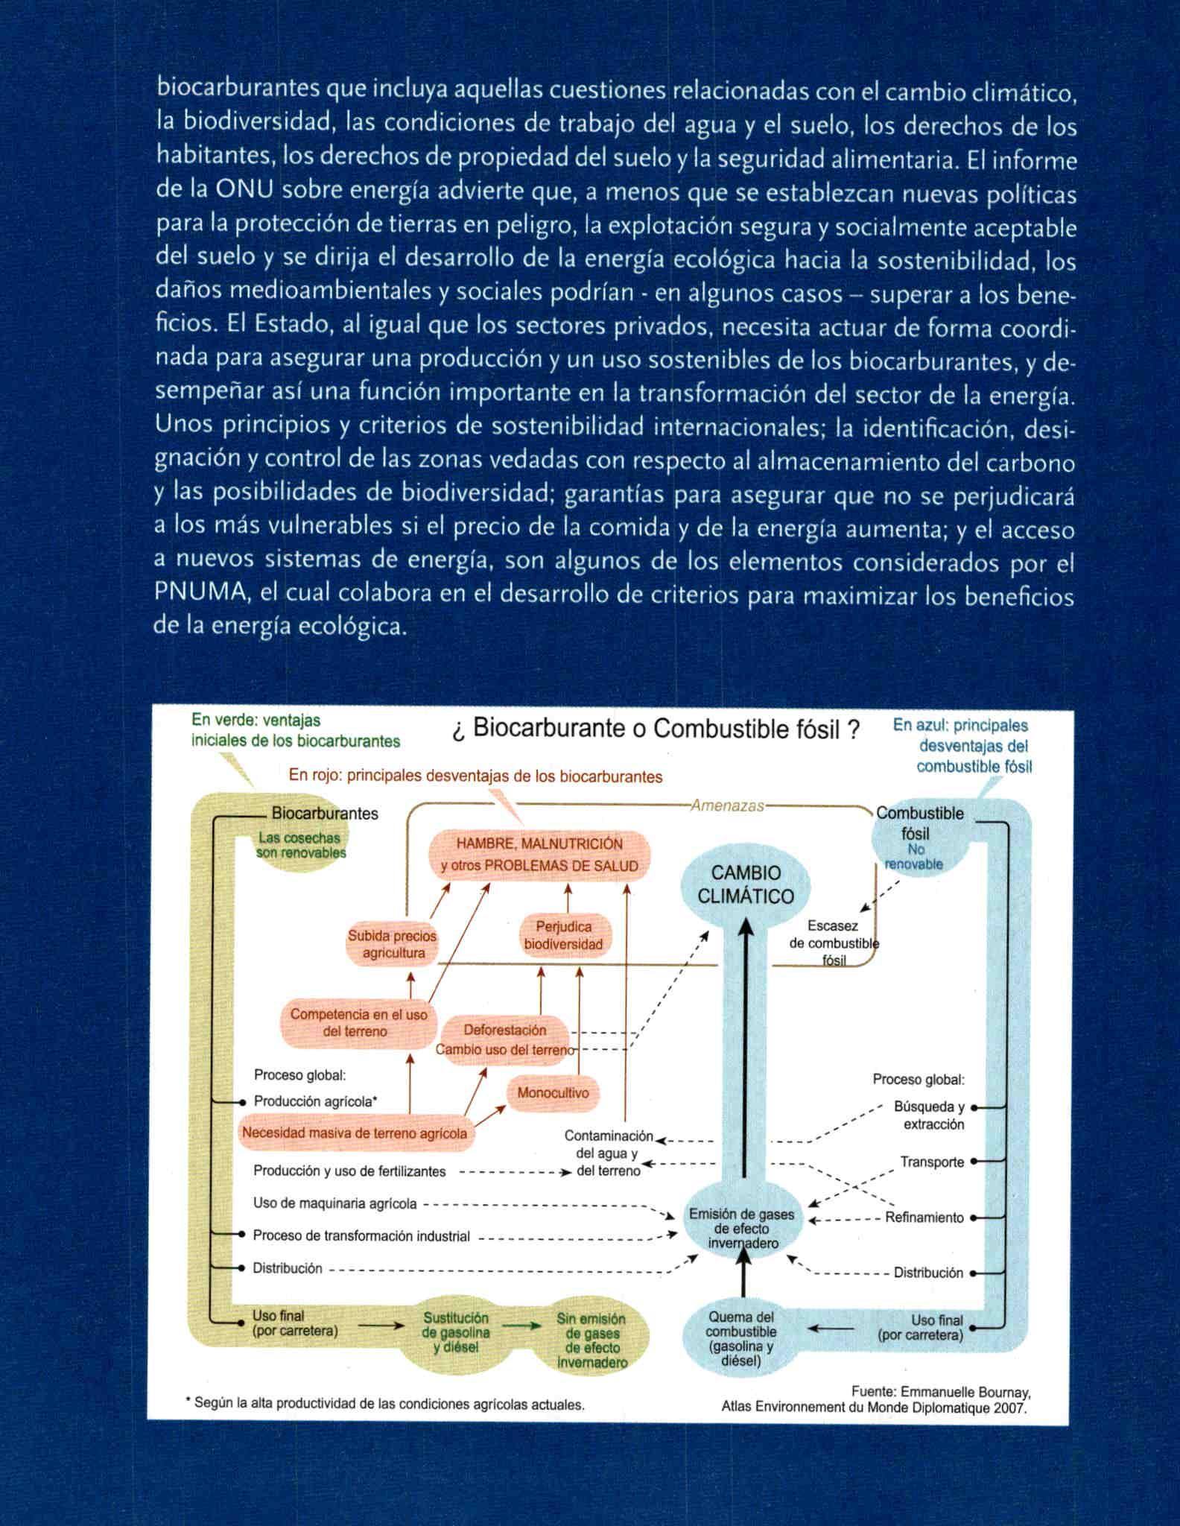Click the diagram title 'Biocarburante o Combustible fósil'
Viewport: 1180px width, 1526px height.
(656, 728)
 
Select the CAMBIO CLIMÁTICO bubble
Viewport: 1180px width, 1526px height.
(746, 884)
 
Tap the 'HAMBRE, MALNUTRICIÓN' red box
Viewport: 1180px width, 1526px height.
(539, 855)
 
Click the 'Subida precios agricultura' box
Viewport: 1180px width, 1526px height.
(393, 944)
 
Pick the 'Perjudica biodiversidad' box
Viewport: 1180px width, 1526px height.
(564, 936)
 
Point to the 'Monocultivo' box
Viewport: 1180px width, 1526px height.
(553, 1093)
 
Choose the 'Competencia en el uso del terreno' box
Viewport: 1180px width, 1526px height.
(358, 1023)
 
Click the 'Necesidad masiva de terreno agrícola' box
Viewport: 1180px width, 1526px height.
(354, 1133)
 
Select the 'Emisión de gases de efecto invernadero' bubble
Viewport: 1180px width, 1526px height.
(742, 1228)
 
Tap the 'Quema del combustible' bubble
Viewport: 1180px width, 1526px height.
(741, 1338)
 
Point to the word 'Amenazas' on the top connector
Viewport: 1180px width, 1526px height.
(727, 805)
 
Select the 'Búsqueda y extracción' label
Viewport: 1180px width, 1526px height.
(930, 1115)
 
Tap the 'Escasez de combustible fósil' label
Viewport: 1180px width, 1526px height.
(834, 943)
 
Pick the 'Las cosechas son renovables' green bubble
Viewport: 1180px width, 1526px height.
(301, 846)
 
